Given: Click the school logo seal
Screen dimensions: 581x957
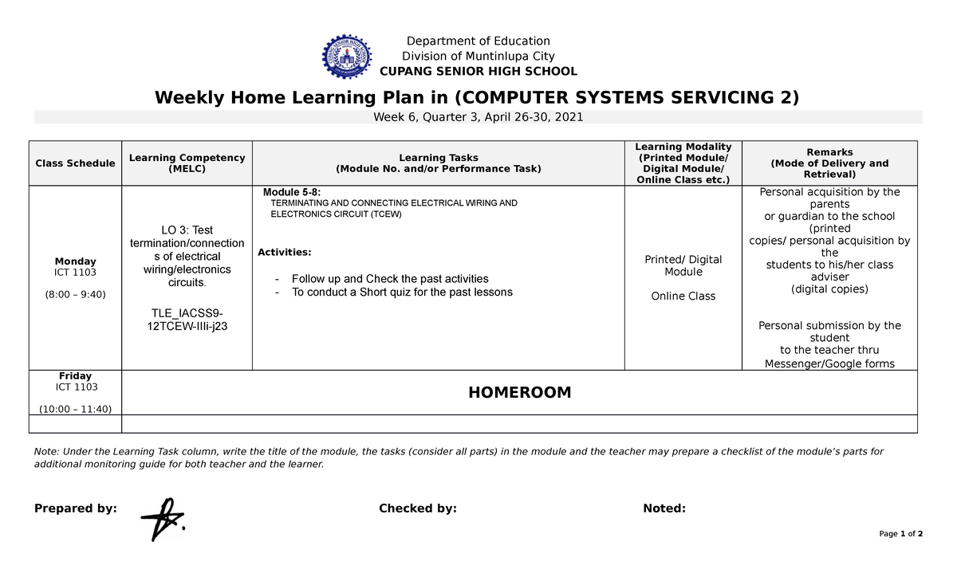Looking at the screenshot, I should [x=347, y=57].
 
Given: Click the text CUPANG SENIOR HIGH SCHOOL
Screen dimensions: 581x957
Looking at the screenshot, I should [x=478, y=71].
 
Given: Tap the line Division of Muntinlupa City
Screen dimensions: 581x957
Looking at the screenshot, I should [x=478, y=56].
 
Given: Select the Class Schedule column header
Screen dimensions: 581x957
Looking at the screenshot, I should [x=75, y=163].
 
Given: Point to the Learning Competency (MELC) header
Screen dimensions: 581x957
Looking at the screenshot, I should [x=187, y=163].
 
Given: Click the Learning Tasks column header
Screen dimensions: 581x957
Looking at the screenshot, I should [x=438, y=163].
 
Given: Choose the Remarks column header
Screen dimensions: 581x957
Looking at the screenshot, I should [x=829, y=163].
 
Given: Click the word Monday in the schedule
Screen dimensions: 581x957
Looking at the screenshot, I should [x=75, y=261].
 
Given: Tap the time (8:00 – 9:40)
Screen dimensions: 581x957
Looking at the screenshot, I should [x=75, y=294].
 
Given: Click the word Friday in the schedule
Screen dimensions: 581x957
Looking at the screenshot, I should [x=75, y=376].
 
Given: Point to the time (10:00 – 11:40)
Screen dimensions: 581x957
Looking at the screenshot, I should [x=75, y=409].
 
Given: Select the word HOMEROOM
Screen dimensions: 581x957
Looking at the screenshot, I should [x=519, y=392].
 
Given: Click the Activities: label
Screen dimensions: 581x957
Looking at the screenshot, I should [x=285, y=253].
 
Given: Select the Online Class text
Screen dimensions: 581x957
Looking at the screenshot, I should [x=683, y=296].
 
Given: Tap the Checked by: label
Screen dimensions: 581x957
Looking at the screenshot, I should [x=417, y=508].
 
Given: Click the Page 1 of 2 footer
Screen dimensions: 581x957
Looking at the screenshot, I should [x=900, y=534].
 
